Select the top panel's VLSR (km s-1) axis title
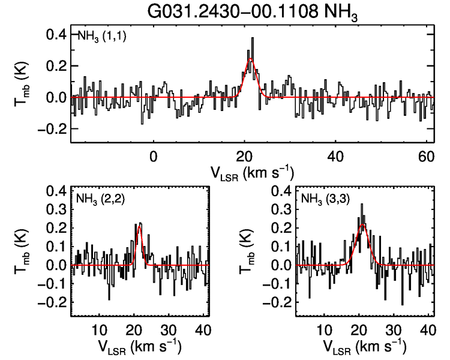(x=252, y=172)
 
